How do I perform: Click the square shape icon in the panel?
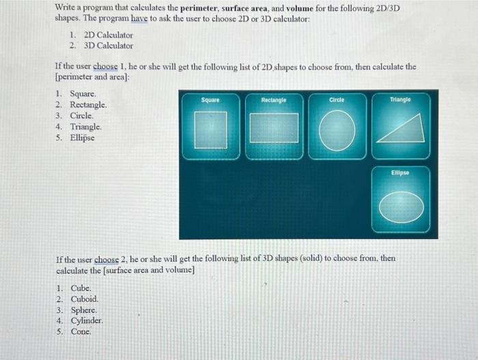coord(210,129)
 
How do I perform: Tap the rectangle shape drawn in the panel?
coord(273,128)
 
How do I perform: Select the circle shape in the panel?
coord(337,128)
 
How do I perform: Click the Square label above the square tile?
coord(210,100)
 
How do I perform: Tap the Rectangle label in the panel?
coord(273,100)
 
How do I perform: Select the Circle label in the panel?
coord(337,100)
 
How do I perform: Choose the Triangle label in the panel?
coord(400,100)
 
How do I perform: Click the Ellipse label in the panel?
coord(400,173)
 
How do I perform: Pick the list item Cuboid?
coord(85,299)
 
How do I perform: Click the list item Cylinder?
coord(87,321)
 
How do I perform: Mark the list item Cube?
coord(81,288)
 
